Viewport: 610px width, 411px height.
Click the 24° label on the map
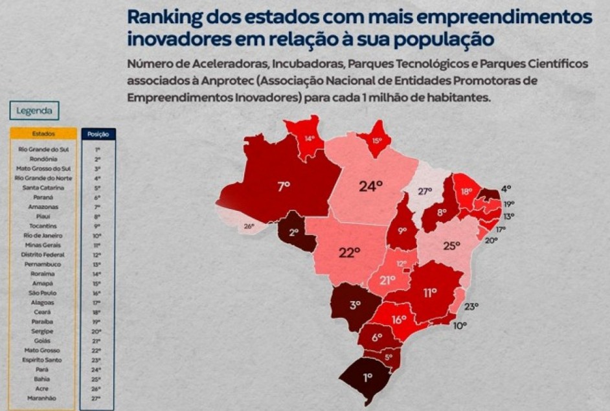pyautogui.click(x=371, y=186)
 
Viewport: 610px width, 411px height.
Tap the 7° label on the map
pyautogui.click(x=284, y=186)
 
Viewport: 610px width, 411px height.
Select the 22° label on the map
pyautogui.click(x=348, y=253)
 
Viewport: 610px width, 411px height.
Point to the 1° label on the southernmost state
pyautogui.click(x=367, y=376)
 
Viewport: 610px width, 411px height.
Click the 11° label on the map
pyautogui.click(x=431, y=293)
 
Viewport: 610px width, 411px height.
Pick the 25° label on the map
pyautogui.click(x=451, y=246)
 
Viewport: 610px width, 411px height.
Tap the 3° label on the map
pyautogui.click(x=356, y=305)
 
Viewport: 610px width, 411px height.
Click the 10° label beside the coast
pyautogui.click(x=459, y=326)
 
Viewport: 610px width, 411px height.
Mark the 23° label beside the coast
pyautogui.click(x=471, y=306)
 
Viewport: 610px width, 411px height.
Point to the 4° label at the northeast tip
pyautogui.click(x=506, y=188)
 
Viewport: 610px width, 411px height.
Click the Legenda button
pyautogui.click(x=34, y=111)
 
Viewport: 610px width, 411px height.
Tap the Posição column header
pyautogui.click(x=97, y=134)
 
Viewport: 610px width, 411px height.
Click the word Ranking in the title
pyautogui.click(x=163, y=17)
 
